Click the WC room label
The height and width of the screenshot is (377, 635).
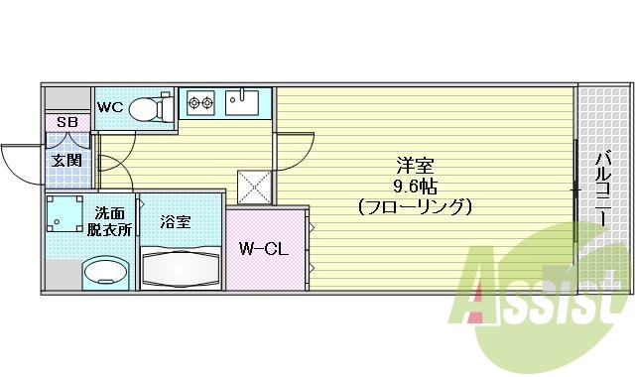(x=109, y=107)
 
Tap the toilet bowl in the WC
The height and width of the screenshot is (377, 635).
(x=147, y=106)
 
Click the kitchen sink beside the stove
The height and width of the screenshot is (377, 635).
(x=241, y=101)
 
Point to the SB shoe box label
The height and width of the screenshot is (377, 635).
(x=66, y=123)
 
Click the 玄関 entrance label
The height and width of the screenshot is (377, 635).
(x=66, y=160)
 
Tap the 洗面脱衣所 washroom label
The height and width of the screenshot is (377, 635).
(x=111, y=220)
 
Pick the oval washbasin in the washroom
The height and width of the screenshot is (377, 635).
(x=105, y=271)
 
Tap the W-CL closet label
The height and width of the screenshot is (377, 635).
(x=262, y=249)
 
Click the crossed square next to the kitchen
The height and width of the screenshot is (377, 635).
(x=253, y=185)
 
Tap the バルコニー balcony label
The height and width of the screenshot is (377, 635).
(x=603, y=188)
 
